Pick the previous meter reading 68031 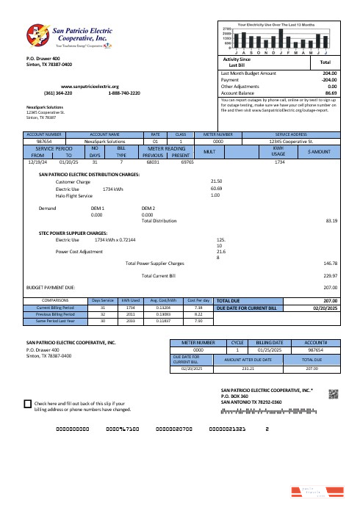click(x=154, y=162)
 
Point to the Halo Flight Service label click(x=74, y=196)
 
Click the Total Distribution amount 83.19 click(x=331, y=219)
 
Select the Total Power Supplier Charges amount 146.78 click(x=330, y=263)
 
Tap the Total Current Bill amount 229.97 click(x=330, y=275)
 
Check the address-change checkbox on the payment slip click(x=28, y=404)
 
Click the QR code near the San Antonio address click(x=332, y=394)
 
